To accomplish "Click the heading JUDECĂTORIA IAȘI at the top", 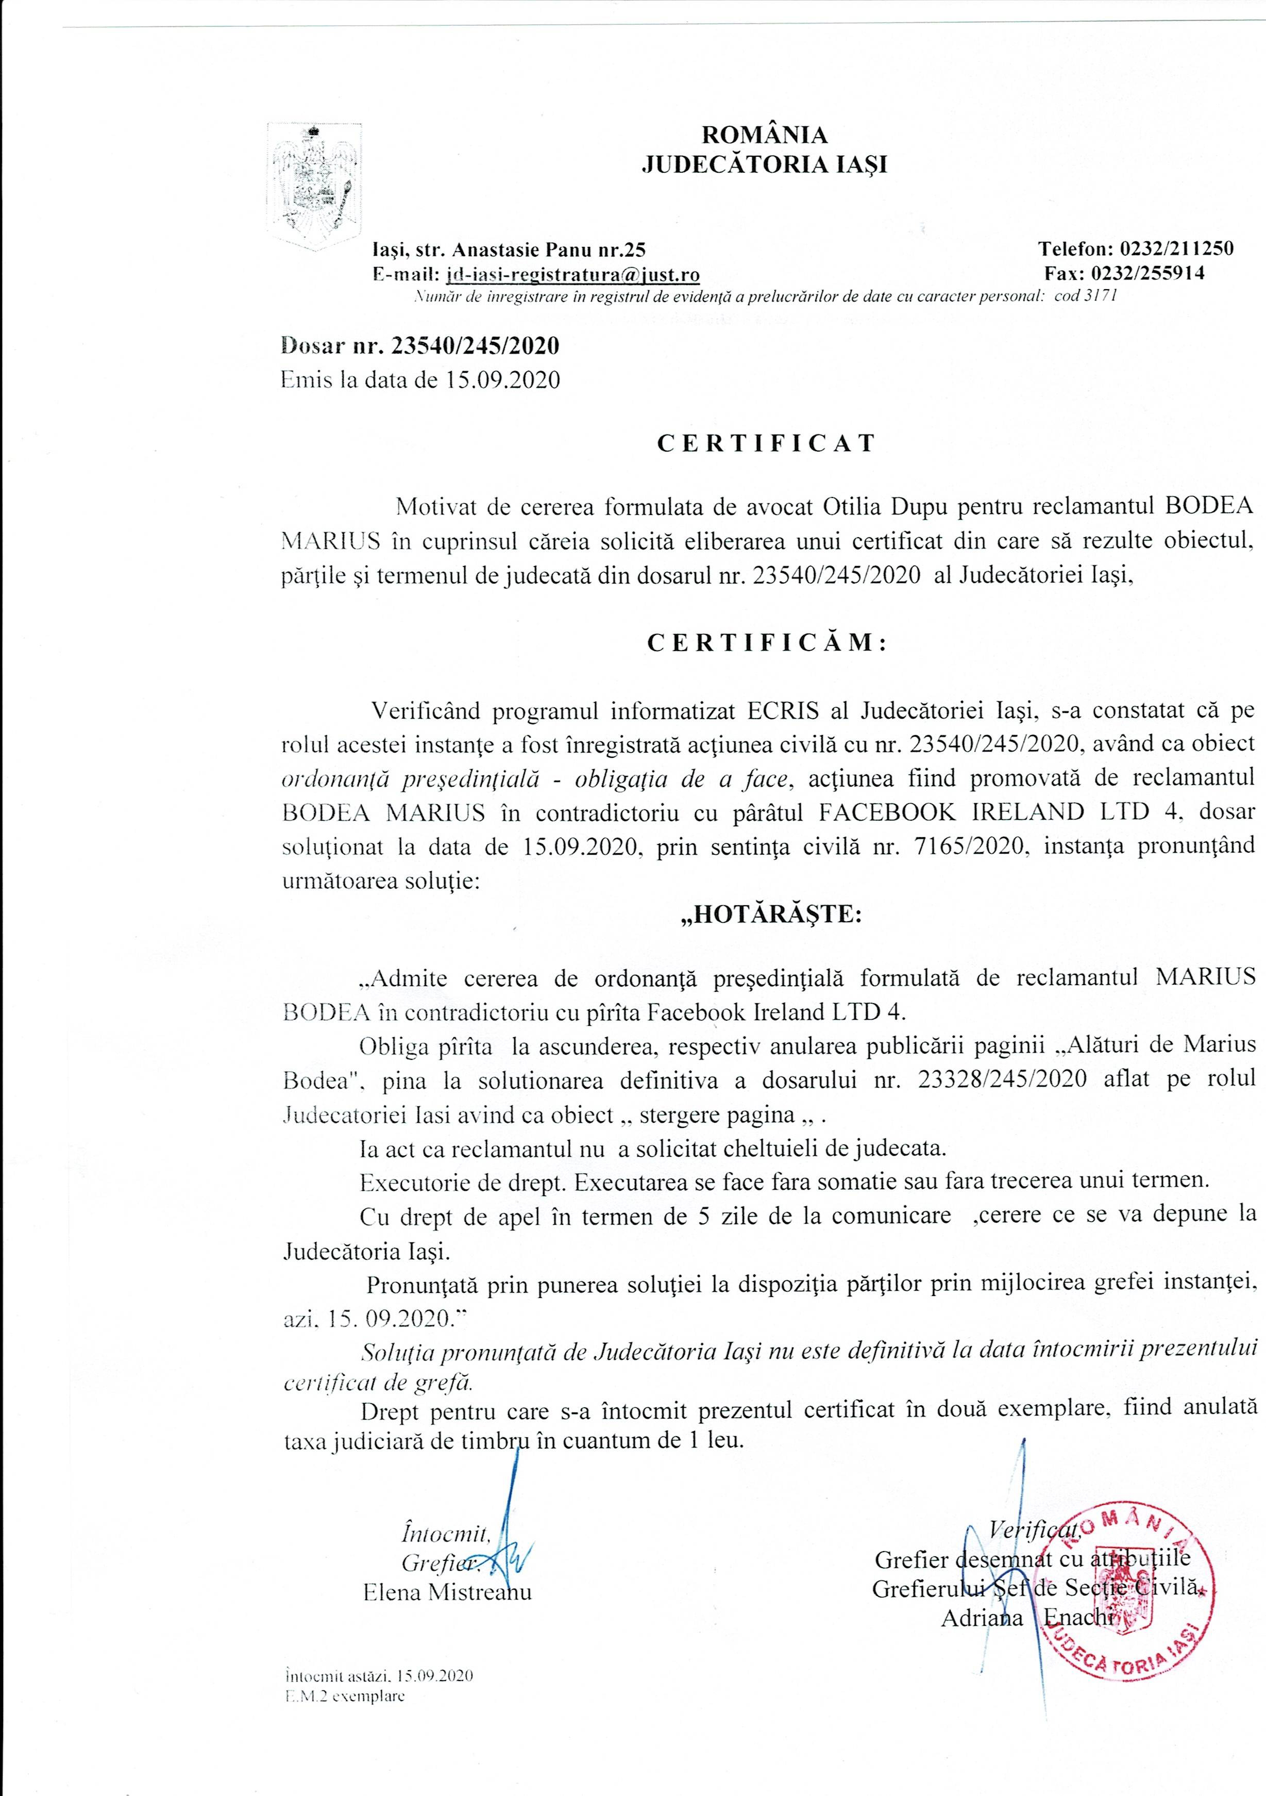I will [764, 165].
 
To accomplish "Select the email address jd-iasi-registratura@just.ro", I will [572, 274].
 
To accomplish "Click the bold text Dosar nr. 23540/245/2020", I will [420, 345].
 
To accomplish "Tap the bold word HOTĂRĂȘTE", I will [770, 914].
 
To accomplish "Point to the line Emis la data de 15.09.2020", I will [420, 381].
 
